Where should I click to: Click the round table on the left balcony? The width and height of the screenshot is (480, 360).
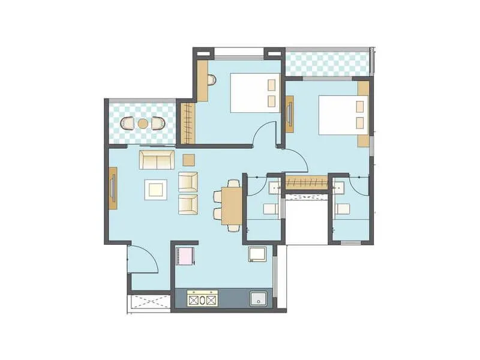click(x=143, y=124)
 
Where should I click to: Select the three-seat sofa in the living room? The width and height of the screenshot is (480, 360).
click(x=157, y=160)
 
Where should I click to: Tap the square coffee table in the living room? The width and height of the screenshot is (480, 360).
click(x=156, y=190)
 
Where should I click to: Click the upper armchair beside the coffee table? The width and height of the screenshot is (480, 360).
click(x=188, y=181)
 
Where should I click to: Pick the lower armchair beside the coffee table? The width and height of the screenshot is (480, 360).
click(x=188, y=204)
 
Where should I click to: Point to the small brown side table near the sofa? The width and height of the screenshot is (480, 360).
click(x=188, y=160)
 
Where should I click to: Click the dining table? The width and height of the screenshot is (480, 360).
click(x=232, y=206)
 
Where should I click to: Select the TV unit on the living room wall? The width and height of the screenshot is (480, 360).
click(x=112, y=188)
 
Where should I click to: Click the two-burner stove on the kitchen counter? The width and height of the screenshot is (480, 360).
click(x=202, y=298)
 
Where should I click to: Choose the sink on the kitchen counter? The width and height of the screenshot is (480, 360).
click(x=258, y=299)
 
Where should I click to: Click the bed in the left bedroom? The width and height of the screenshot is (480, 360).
click(x=255, y=93)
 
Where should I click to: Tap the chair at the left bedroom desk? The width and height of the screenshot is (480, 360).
click(x=211, y=80)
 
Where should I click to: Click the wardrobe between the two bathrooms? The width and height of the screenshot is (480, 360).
click(x=305, y=182)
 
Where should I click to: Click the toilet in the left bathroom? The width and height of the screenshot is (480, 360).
click(x=269, y=209)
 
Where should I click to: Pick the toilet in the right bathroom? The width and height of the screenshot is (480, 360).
click(x=343, y=209)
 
